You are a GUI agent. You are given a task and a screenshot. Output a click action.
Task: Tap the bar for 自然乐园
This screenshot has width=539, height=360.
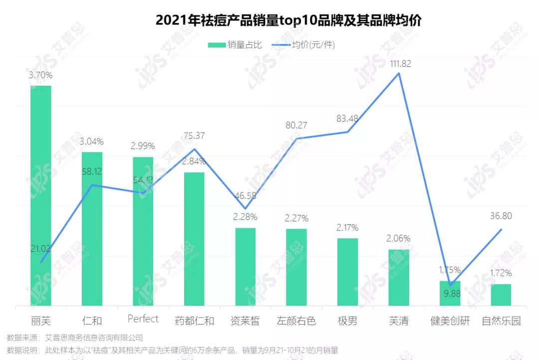pos(501,295)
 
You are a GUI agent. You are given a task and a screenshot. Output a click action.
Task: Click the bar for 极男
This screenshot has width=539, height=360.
pos(347,272)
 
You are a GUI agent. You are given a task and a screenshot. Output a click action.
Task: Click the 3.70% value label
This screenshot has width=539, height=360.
pos(41,75)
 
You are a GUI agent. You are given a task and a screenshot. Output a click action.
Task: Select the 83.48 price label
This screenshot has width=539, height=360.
pos(347,119)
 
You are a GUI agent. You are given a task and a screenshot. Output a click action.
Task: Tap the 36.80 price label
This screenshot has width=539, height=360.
pos(501,216)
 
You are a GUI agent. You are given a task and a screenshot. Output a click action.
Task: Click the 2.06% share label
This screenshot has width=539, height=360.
pos(398,238)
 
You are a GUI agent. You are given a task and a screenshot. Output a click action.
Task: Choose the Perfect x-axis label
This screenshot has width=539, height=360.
pos(143,319)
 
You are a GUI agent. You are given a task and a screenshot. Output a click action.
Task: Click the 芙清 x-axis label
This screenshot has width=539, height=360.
pos(398,321)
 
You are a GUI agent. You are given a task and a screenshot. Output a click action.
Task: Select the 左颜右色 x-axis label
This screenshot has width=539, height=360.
pos(296,321)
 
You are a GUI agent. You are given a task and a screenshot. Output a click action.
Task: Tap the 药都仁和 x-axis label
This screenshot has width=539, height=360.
pos(194,321)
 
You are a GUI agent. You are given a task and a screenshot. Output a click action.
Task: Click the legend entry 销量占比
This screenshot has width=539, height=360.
pos(235,45)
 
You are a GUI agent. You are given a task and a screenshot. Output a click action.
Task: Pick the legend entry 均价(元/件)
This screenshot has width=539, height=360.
pos(303,45)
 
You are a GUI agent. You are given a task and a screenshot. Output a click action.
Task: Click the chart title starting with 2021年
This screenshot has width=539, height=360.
pos(288,20)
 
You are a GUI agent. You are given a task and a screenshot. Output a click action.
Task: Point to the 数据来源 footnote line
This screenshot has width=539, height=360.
pos(75,338)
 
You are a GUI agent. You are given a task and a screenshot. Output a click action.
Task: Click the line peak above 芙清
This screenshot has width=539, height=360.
pos(398,73)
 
